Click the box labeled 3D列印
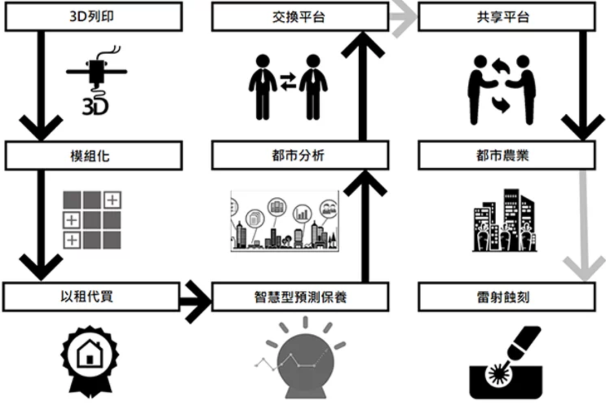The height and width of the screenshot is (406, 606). pos(93,17)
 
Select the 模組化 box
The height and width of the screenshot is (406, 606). pos(93,155)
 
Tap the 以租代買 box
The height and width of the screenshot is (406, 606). pos(91,297)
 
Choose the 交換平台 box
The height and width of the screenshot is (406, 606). pos(300,17)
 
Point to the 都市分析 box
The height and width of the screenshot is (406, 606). pos(300,155)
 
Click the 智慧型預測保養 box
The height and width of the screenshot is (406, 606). pos(300,297)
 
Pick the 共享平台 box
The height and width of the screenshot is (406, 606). pos(506,17)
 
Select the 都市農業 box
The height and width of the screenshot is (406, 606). pos(506,155)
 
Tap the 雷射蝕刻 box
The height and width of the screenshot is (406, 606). pos(506,297)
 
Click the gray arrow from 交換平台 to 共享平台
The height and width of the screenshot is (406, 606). pos(403,17)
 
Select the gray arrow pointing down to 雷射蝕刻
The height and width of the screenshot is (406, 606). pos(584,228)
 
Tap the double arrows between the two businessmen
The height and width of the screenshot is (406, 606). pos(288,81)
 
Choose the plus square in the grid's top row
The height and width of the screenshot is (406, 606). pos(112,200)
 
